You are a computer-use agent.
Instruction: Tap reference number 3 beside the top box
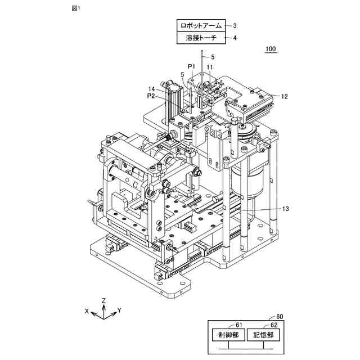235,25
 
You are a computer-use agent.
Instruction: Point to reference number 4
235,38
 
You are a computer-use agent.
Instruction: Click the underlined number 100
271,49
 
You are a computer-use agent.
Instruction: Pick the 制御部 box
228,334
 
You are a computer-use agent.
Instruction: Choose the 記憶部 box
263,334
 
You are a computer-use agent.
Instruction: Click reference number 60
280,317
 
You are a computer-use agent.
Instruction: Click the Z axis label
103,300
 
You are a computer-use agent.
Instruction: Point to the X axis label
87,310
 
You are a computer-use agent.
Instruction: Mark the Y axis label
120,310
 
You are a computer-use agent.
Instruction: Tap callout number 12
285,96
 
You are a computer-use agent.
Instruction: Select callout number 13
285,209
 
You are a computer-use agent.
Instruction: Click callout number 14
152,89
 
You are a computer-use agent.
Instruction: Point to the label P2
150,96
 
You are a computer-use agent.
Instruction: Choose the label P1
191,66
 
